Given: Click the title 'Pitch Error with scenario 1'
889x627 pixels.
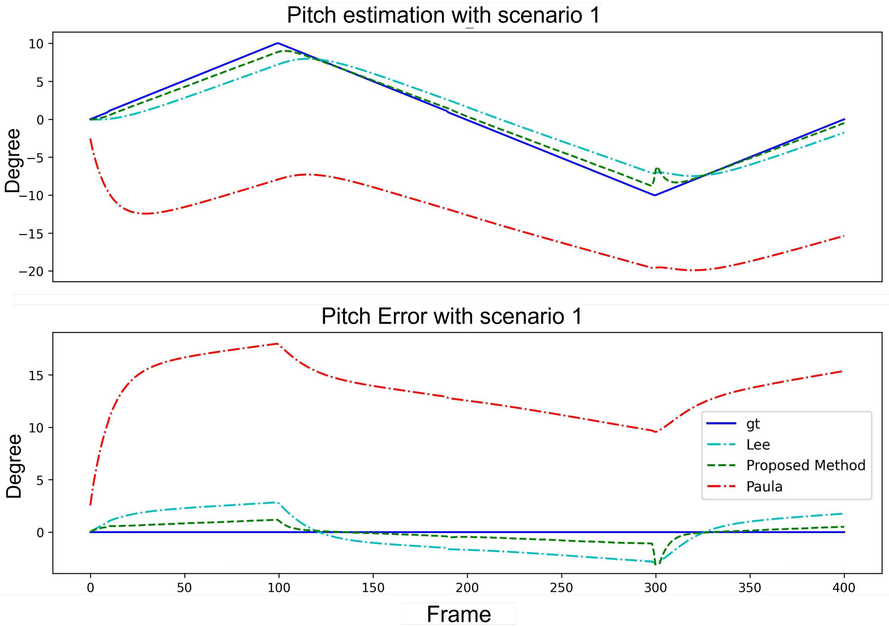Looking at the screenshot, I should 452,316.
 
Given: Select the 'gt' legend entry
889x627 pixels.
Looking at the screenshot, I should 753,424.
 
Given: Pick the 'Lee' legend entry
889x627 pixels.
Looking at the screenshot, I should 758,445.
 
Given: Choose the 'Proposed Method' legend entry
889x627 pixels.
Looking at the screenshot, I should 805,465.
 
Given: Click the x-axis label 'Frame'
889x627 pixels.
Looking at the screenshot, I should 459,614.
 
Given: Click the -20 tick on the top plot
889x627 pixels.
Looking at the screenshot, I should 31,271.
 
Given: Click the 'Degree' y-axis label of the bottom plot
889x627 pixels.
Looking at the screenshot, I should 14,466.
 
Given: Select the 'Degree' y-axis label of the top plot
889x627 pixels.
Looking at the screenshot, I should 12,161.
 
